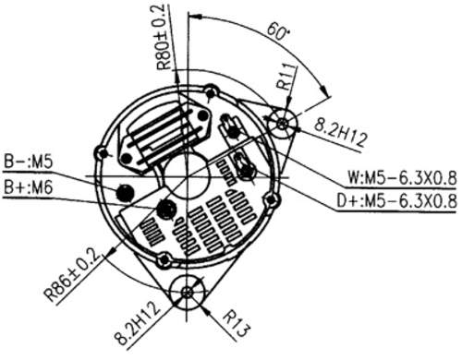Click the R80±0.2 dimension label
coord(164,37)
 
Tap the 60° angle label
coord(278,31)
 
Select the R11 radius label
coord(286,77)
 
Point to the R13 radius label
coord(237,324)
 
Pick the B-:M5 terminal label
coord(29,162)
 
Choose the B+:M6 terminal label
coord(29,187)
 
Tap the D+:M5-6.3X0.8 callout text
coord(396,201)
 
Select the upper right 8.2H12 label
coord(341,135)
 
